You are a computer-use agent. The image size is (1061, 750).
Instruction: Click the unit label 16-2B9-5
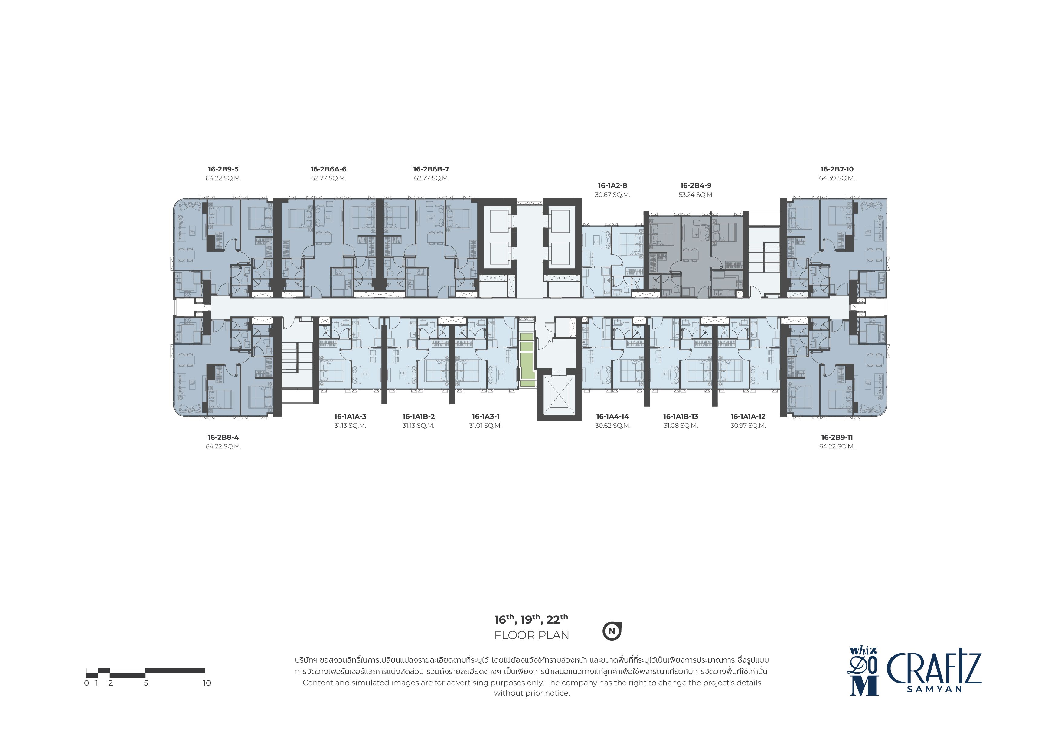point(223,169)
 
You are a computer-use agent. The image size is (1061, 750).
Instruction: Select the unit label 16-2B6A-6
point(328,169)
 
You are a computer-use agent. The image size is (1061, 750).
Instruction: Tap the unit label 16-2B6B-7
point(431,169)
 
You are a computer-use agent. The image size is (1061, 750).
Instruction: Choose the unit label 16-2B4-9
point(696,186)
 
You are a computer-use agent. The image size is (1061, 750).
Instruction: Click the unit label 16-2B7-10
point(837,169)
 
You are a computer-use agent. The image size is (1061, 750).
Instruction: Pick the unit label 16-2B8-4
point(223,438)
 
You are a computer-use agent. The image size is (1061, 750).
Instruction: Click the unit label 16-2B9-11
point(837,438)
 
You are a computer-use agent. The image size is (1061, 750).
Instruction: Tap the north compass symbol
point(612,631)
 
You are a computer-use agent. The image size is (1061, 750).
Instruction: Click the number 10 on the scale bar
point(207,683)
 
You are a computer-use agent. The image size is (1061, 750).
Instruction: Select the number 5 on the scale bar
point(146,683)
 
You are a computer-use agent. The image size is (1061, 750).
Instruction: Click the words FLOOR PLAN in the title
point(531,635)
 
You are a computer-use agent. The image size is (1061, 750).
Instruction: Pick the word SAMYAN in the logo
point(934,689)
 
